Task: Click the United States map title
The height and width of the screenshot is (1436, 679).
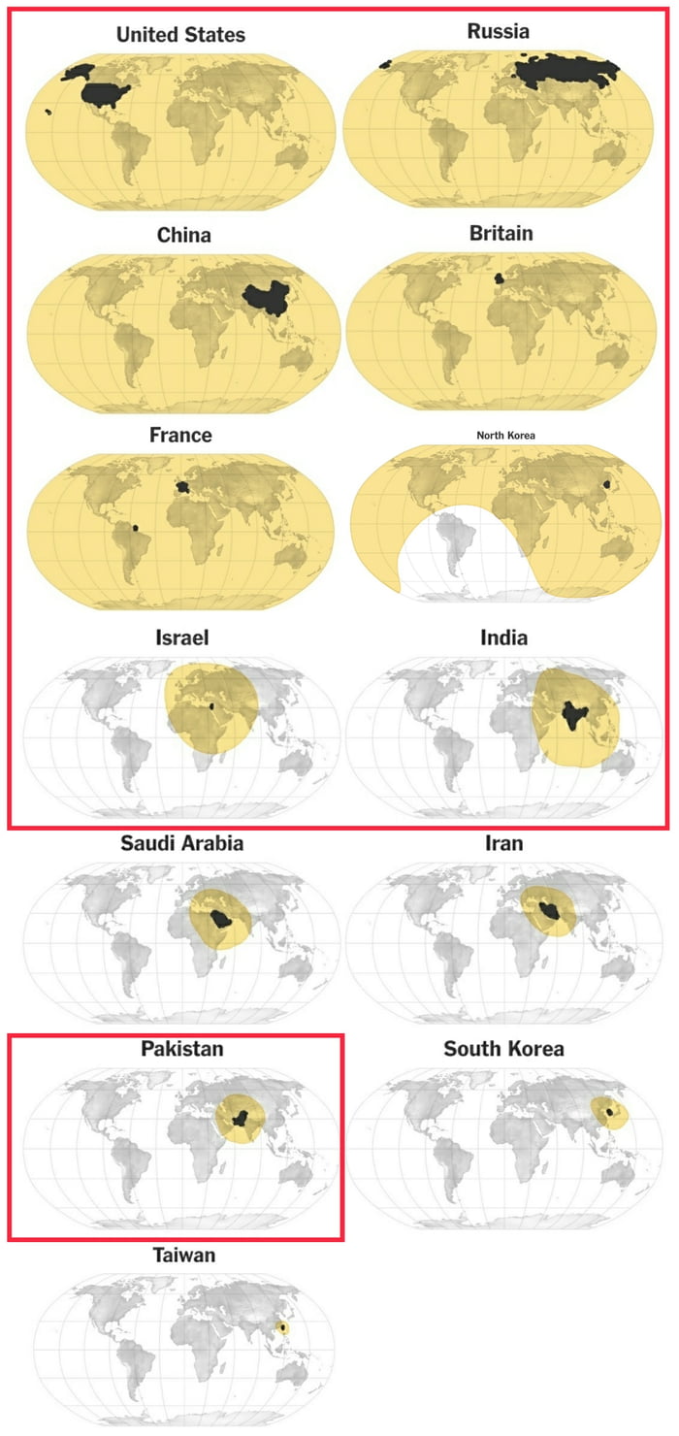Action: pyautogui.click(x=180, y=35)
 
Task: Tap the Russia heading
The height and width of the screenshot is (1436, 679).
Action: pyautogui.click(x=499, y=31)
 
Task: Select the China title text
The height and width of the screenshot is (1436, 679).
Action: pyautogui.click(x=183, y=235)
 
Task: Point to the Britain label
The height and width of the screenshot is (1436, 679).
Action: pyautogui.click(x=501, y=233)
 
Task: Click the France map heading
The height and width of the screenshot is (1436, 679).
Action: pyautogui.click(x=180, y=435)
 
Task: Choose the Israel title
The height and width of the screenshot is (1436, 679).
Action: pyautogui.click(x=181, y=637)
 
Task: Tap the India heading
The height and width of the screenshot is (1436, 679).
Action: pyautogui.click(x=503, y=637)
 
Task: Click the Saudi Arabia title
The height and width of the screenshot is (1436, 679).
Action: pyautogui.click(x=181, y=842)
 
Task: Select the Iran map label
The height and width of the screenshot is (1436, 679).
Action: pyautogui.click(x=503, y=842)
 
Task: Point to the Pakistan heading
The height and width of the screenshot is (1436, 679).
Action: pyautogui.click(x=181, y=1049)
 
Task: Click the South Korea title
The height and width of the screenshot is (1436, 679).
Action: pyautogui.click(x=503, y=1049)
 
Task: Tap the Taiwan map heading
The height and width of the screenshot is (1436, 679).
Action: pyautogui.click(x=183, y=1255)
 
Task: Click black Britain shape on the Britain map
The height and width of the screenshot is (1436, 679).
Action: pyautogui.click(x=500, y=278)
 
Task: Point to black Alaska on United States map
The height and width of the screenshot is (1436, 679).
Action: pyautogui.click(x=79, y=72)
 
